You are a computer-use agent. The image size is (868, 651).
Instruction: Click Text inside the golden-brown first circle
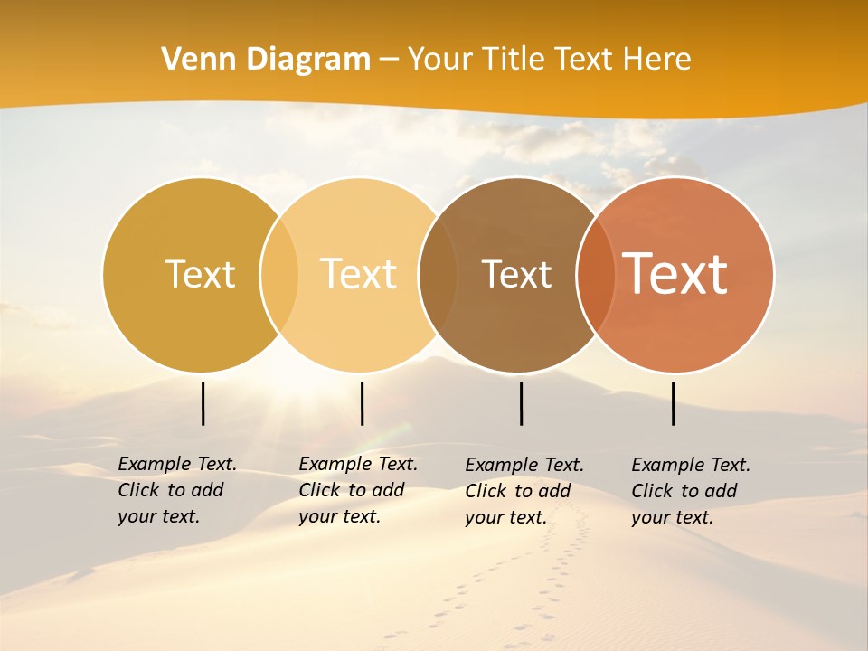200,274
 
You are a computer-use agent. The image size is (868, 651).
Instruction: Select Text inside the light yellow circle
359,274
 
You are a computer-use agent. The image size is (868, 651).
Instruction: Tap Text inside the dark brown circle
516,274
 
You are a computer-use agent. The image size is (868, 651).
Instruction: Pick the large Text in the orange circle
675,274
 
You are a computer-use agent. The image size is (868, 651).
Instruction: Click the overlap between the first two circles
279,275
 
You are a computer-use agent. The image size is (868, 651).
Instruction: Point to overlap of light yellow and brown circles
438,275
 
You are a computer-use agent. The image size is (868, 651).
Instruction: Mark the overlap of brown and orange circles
595,275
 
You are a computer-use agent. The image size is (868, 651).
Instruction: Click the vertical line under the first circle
203,403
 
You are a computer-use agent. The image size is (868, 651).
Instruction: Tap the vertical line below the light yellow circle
362,403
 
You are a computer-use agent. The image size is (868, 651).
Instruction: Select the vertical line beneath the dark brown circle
521,403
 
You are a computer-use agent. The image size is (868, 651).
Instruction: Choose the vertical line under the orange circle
673,403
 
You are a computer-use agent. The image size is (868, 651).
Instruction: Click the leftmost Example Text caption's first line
177,464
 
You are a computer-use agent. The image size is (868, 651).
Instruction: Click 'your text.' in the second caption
339,516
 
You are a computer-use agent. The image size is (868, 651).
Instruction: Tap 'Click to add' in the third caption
518,491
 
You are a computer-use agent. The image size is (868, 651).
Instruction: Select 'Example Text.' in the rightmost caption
691,465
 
